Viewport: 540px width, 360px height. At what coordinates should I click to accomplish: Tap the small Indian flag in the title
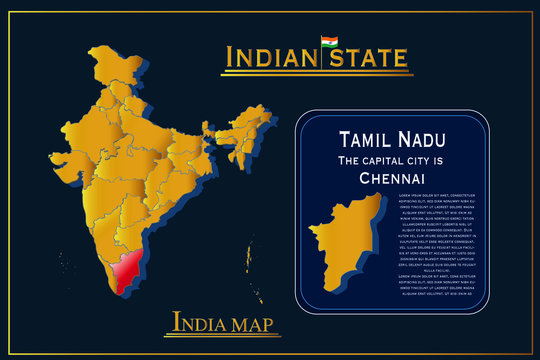pos(329,43)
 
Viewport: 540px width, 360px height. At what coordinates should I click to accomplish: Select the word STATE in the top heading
pos(365,57)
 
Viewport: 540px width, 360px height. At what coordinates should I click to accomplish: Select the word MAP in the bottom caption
pos(252,323)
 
